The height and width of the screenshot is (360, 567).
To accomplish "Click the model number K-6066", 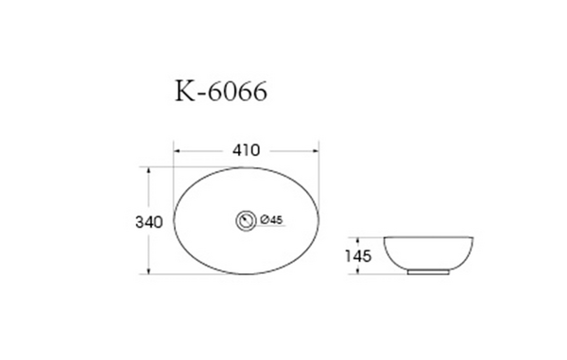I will [221, 93].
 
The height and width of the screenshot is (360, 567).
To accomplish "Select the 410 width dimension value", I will [246, 150].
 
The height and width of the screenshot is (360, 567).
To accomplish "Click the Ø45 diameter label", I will [271, 220].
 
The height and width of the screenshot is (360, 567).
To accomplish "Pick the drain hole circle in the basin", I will [246, 220].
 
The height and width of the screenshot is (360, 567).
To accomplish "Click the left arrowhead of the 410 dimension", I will [177, 150].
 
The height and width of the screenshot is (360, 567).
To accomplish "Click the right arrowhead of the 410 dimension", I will [315, 150].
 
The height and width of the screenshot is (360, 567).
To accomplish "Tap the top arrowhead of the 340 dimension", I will [147, 171].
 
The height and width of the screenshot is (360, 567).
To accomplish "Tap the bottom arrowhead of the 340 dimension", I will [147, 271].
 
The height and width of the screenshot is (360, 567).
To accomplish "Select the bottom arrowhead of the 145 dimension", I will [359, 272].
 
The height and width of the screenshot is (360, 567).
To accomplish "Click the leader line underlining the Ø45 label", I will [269, 227].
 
